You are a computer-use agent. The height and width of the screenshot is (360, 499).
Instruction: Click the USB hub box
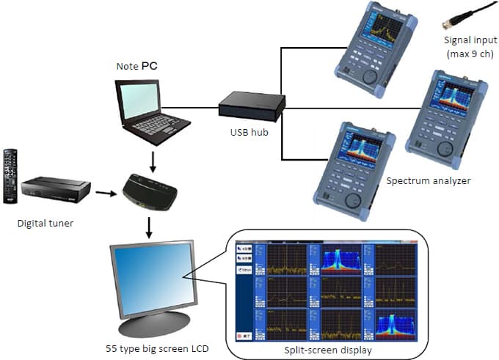(x=251, y=107)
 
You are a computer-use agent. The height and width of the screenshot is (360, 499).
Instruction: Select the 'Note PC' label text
(x=136, y=67)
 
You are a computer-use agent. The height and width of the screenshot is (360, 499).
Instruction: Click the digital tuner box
(x=56, y=189)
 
